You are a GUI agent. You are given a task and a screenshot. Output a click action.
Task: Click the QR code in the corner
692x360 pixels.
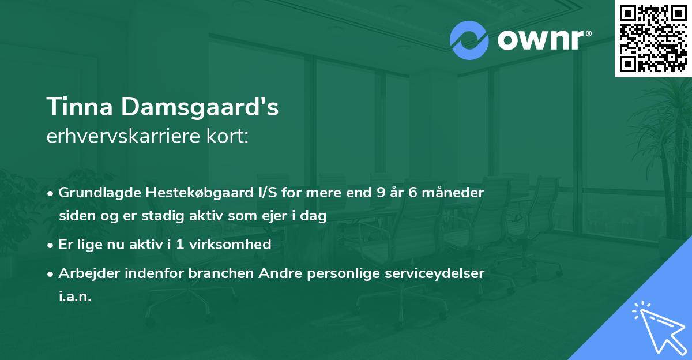pos(653,39)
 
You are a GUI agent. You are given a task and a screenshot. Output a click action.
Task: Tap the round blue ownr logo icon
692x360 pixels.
pos(469,40)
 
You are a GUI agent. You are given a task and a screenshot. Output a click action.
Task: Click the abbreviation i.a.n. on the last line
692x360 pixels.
pos(75,297)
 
